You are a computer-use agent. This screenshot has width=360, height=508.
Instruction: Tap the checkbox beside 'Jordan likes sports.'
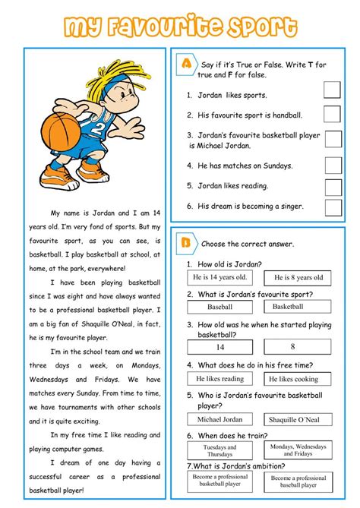coord(333,91)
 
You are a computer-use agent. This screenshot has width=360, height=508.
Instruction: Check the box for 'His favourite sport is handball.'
coord(333,115)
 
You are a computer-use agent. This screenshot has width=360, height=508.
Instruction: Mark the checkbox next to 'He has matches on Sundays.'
coord(333,165)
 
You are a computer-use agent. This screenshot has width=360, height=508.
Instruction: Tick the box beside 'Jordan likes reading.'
coord(333,186)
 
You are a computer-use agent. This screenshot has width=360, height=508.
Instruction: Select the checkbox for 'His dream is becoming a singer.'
coord(333,206)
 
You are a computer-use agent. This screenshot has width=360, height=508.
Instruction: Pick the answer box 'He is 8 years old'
coord(298,278)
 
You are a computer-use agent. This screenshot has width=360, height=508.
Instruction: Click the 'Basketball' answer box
coord(298,307)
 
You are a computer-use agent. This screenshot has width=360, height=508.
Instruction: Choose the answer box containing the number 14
coord(220,346)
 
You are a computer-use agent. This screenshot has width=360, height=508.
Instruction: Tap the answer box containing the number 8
coord(292,346)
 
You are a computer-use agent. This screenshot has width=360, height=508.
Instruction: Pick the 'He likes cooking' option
coord(298,379)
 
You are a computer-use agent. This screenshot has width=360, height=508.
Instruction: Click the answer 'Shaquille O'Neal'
coord(298,419)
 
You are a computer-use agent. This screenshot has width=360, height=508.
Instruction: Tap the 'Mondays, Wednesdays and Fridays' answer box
coord(298,450)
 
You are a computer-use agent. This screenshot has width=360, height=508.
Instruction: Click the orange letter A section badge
coord(186,65)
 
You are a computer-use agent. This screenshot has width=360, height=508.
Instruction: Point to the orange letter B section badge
coord(185,243)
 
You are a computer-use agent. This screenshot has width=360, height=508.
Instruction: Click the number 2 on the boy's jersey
coord(97,126)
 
